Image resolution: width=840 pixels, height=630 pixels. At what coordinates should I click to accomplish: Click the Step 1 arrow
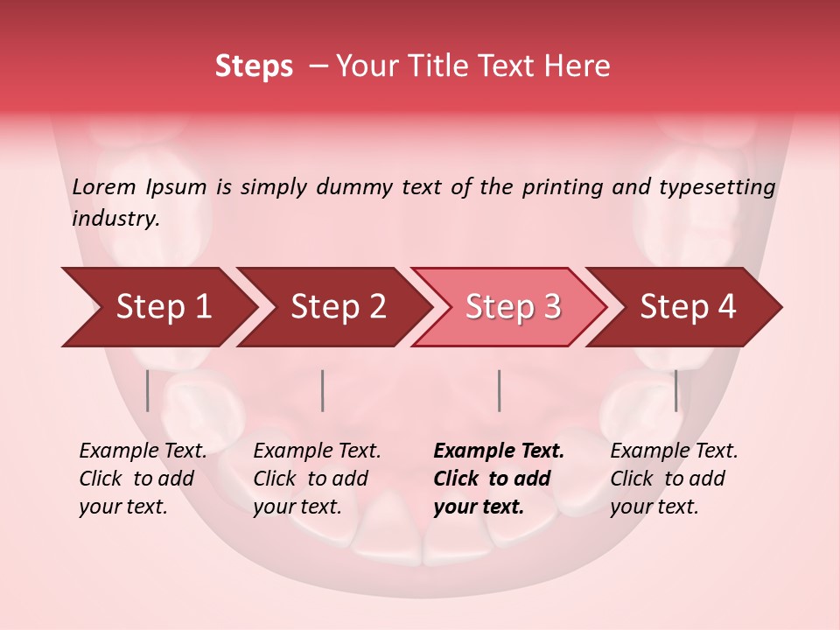[163, 306]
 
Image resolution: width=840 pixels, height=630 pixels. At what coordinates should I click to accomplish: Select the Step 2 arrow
[338, 306]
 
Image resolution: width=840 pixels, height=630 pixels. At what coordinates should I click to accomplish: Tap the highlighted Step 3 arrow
[513, 306]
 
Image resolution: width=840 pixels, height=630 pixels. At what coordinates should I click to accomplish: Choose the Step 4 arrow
[688, 306]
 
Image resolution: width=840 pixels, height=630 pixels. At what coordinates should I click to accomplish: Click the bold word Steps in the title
[254, 66]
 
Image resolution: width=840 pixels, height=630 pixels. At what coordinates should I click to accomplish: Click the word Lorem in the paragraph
[104, 186]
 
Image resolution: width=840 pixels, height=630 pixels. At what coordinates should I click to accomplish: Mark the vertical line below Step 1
[148, 390]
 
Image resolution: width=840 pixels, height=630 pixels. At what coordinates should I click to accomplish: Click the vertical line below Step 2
[323, 390]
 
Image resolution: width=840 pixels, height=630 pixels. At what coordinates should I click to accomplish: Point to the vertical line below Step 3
[500, 390]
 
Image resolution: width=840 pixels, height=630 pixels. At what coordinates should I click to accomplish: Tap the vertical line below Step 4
[675, 390]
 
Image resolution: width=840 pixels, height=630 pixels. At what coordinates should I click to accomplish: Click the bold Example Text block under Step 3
[499, 479]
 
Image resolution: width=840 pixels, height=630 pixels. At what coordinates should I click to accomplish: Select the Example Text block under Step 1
[143, 479]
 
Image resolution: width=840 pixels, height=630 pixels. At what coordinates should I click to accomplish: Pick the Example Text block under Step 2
[317, 479]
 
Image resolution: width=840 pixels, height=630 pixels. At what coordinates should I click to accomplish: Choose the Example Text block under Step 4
[674, 479]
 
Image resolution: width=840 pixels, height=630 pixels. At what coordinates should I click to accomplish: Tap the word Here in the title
[577, 66]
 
